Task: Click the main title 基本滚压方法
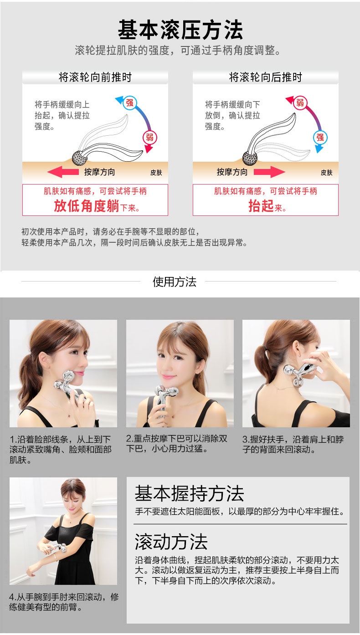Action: (x=180, y=30)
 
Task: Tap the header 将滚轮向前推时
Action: (x=95, y=77)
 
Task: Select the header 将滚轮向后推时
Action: (x=266, y=77)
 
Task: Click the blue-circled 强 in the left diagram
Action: (x=129, y=102)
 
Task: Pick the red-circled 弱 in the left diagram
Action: (x=149, y=138)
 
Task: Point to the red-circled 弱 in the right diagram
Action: (x=300, y=102)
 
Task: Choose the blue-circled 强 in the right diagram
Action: (x=320, y=138)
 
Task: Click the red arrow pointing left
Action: (x=63, y=172)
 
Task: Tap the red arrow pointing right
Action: (x=269, y=172)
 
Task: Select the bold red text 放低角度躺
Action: (x=87, y=206)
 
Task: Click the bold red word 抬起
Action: (x=261, y=206)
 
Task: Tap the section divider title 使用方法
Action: (x=175, y=282)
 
